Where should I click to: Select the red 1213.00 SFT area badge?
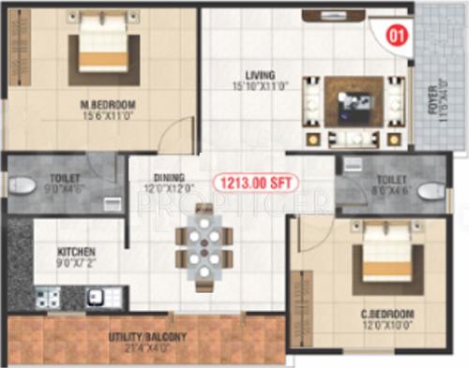pos(253,184)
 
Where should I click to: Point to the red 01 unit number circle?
pos(396,37)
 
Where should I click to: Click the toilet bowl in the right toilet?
pos(429,191)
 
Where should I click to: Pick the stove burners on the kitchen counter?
pos(48,299)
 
